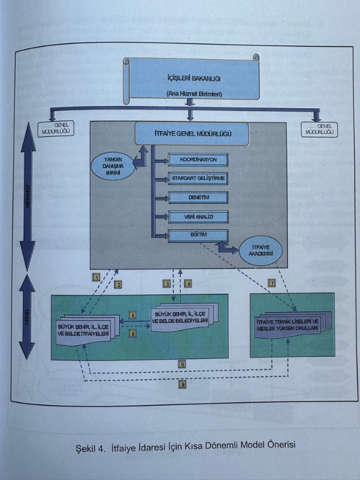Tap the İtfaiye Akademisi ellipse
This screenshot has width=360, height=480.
pyautogui.click(x=261, y=250)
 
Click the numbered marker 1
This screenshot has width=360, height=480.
pyautogui.click(x=97, y=277)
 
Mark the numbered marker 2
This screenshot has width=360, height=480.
pyautogui.click(x=118, y=285)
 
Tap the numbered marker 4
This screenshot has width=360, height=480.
pyautogui.click(x=187, y=283)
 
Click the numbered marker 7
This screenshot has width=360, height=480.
pyautogui.click(x=272, y=282)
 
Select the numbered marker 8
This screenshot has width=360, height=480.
pyautogui.click(x=181, y=364)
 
